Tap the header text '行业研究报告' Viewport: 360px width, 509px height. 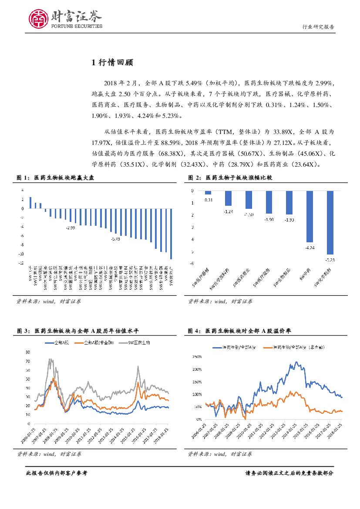tap(318, 27)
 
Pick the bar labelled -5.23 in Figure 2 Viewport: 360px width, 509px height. tap(330, 222)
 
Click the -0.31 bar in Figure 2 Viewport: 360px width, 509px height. tap(208, 192)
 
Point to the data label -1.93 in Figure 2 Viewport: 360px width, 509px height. tap(289, 220)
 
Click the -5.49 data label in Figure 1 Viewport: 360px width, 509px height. tap(115, 239)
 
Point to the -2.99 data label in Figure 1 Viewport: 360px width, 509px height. tap(70, 228)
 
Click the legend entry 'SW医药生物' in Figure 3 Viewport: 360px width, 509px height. tap(138, 343)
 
